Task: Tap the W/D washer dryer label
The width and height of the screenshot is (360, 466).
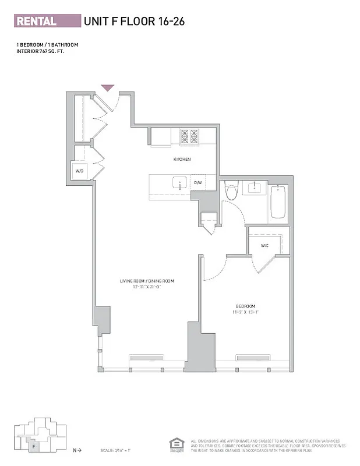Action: pos(80,171)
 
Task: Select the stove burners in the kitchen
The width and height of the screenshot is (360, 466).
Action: pos(189,137)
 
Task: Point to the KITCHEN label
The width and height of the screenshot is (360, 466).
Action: pos(182,159)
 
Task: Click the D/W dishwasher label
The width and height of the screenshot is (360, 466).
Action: pos(198,183)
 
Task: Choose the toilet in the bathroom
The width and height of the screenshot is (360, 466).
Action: pos(231,190)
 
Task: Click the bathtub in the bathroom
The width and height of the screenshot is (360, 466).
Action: pos(278,202)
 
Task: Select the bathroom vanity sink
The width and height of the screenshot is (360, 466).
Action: pos(255,188)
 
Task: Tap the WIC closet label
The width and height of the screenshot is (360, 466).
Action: pos(264,246)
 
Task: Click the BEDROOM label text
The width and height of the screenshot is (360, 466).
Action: pos(245,306)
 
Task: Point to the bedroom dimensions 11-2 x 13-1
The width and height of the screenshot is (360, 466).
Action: pos(245,313)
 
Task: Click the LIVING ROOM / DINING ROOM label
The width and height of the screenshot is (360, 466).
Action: pos(147,281)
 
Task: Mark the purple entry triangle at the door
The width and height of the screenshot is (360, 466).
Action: pos(108,88)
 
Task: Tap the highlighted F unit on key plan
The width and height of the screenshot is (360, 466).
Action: pos(34,447)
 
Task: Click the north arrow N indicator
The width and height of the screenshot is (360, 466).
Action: pos(76,450)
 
